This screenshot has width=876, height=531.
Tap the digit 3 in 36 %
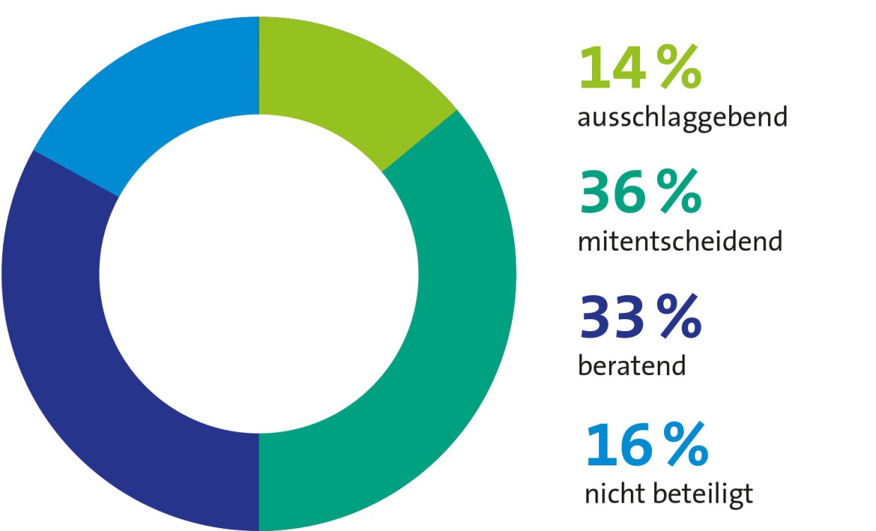[x=595, y=193]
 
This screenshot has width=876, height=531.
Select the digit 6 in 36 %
[x=628, y=193]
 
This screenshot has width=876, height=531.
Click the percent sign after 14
[x=680, y=68]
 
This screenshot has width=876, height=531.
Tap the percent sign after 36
[x=680, y=193]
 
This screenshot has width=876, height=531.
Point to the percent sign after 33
[x=680, y=318]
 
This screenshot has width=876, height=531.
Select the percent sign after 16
[x=685, y=446]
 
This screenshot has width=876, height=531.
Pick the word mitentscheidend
[x=680, y=242]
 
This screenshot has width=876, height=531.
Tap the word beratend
[x=632, y=366]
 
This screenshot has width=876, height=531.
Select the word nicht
[x=615, y=494]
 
